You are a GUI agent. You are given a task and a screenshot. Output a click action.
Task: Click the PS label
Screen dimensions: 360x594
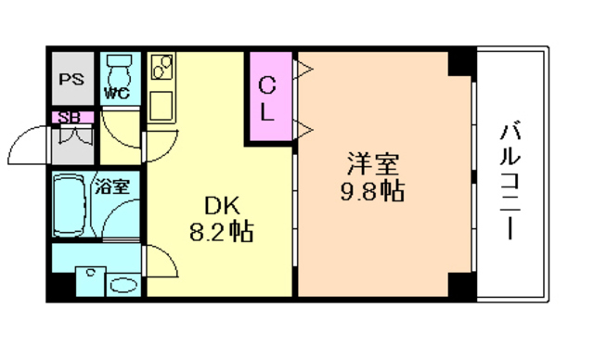71,79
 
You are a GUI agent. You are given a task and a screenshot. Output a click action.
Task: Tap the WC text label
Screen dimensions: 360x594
116,93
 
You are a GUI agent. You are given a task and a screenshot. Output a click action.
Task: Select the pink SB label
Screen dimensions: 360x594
68,117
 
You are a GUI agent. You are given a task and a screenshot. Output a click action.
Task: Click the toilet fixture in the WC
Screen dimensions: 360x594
118,69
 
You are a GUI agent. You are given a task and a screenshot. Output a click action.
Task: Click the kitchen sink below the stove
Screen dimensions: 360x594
161,103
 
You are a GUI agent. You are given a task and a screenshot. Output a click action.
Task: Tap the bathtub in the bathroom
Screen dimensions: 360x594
71,204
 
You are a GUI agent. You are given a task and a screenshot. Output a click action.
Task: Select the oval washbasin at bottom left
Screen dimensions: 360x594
123,283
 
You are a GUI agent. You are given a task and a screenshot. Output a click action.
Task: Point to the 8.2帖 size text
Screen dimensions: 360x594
219,232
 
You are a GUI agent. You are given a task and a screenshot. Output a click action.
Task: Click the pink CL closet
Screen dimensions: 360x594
267,96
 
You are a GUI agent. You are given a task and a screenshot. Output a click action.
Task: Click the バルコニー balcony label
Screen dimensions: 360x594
510,177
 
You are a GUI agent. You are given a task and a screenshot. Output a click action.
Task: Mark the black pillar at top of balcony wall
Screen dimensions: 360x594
461,62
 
